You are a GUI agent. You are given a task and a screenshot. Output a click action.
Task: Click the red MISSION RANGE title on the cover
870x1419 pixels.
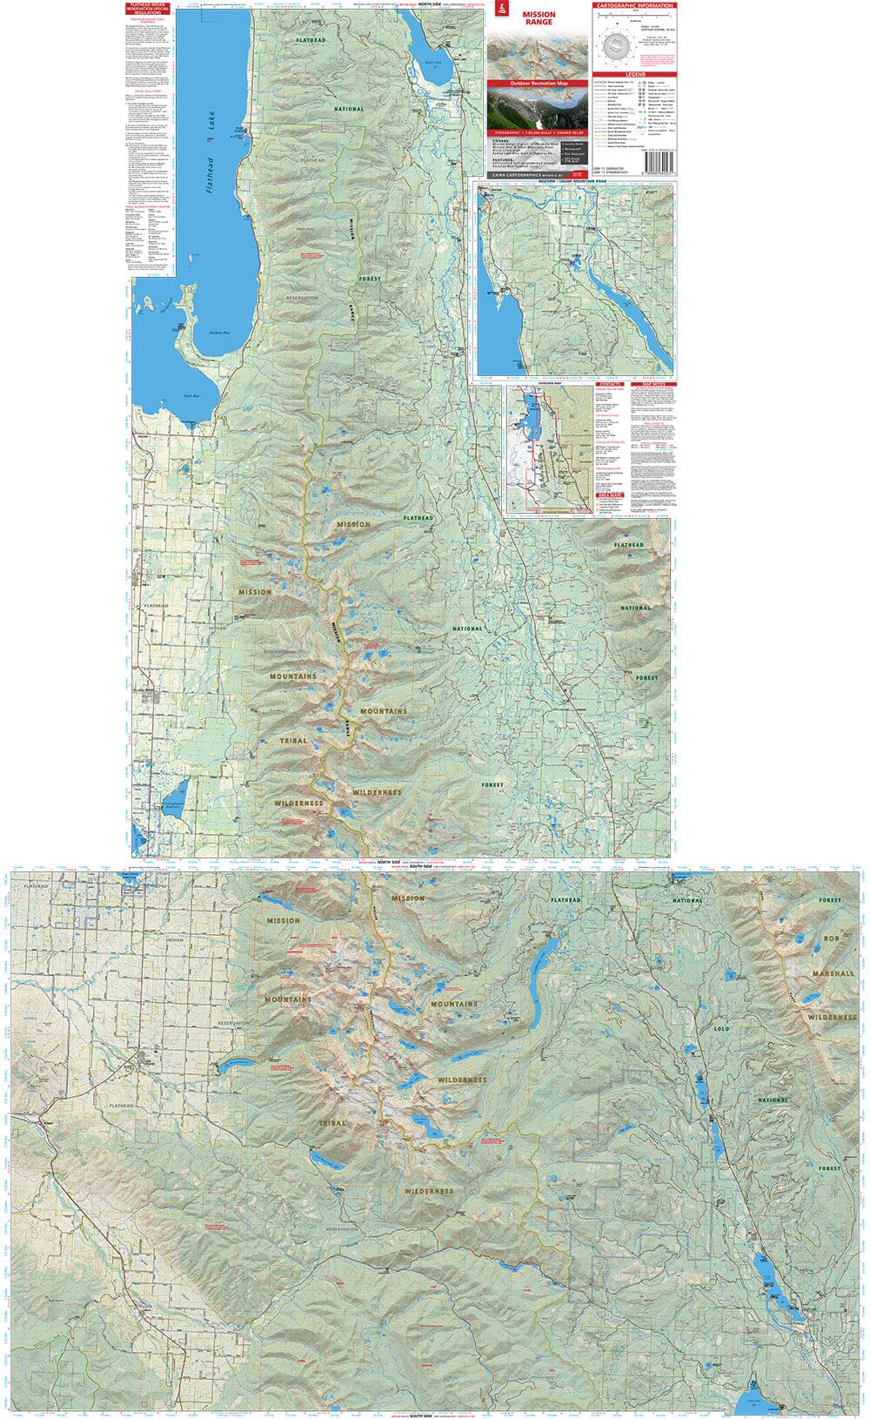click(538, 18)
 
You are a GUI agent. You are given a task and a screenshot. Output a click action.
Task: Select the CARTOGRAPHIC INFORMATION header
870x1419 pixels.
click(634, 6)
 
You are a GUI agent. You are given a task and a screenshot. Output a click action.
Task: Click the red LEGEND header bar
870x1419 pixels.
click(634, 75)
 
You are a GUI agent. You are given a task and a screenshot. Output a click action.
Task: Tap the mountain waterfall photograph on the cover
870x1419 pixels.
click(537, 110)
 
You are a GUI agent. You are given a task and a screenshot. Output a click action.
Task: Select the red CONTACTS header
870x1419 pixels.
click(610, 384)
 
